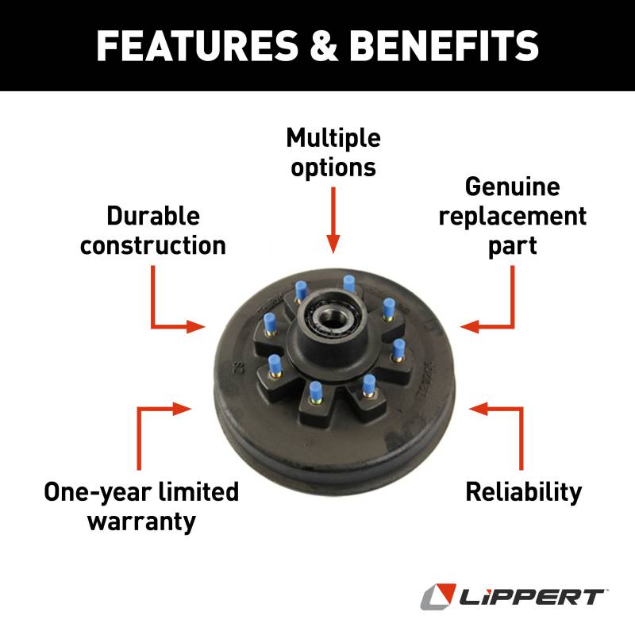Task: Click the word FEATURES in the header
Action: pyautogui.click(x=197, y=45)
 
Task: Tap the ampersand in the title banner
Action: pyautogui.click(x=324, y=45)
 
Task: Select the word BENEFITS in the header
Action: pyautogui.click(x=444, y=45)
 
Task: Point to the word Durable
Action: pyautogui.click(x=153, y=215)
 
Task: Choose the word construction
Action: pyautogui.click(x=152, y=245)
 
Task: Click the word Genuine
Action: pyautogui.click(x=512, y=188)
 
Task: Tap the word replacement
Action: pyautogui.click(x=512, y=217)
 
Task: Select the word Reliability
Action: pyautogui.click(x=524, y=493)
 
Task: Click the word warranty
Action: pyautogui.click(x=142, y=521)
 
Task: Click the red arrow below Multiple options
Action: pyautogui.click(x=333, y=220)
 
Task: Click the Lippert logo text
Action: pyautogui.click(x=531, y=598)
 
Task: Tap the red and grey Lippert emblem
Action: pyautogui.click(x=439, y=596)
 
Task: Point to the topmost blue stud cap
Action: pyautogui.click(x=348, y=283)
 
